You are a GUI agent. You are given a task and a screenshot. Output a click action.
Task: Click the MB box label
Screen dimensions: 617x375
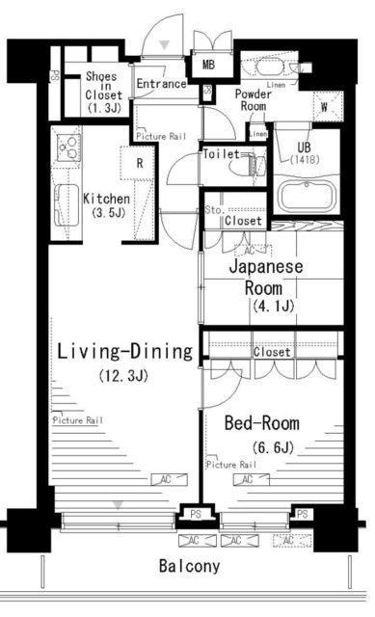click(208, 66)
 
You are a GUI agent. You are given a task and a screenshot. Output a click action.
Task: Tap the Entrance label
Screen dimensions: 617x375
click(160, 84)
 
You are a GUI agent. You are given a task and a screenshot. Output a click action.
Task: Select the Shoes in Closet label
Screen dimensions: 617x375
click(102, 92)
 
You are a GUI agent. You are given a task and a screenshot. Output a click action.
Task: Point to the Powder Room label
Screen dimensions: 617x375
click(252, 101)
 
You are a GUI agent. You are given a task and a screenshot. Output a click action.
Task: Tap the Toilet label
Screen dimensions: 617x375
click(220, 153)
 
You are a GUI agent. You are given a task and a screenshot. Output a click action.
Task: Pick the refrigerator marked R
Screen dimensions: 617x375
click(140, 163)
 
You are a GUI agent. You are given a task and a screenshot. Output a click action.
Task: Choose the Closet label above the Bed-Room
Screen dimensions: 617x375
click(271, 352)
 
